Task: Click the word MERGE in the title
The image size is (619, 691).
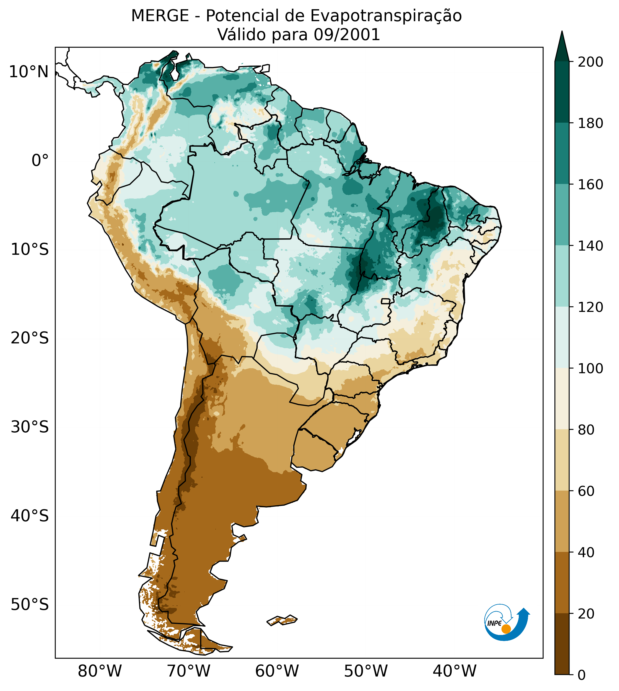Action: pos(160,16)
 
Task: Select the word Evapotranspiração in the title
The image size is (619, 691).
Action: pos(386,16)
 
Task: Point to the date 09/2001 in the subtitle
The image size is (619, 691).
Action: pos(347,35)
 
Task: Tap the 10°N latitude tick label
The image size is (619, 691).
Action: pos(29,72)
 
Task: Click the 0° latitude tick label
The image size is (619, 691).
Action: pos(40,161)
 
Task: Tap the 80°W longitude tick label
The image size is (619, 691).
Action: pos(100,671)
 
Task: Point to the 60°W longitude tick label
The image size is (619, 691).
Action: pos(277,671)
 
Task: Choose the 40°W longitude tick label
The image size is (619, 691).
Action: pos(454,671)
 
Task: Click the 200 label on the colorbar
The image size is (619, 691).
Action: pos(590,62)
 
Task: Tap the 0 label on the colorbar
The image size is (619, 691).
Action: pos(582,675)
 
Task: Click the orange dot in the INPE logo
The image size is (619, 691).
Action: pos(506,629)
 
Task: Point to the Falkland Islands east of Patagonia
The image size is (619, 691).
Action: pos(282,620)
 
